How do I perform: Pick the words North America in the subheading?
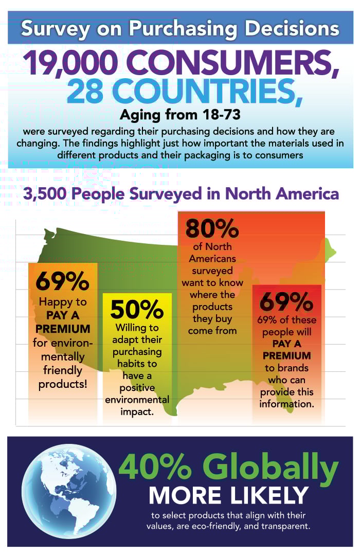point(282,193)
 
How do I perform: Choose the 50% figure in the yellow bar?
point(137,309)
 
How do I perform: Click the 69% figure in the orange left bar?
point(62,281)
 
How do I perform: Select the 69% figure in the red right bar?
point(286,301)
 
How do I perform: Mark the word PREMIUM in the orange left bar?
point(63,329)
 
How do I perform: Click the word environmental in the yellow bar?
point(137,400)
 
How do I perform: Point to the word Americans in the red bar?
point(212,258)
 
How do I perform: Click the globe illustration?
point(69,490)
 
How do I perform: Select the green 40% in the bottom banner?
point(155,467)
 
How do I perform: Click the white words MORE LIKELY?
point(228,495)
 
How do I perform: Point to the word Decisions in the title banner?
point(292,29)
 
